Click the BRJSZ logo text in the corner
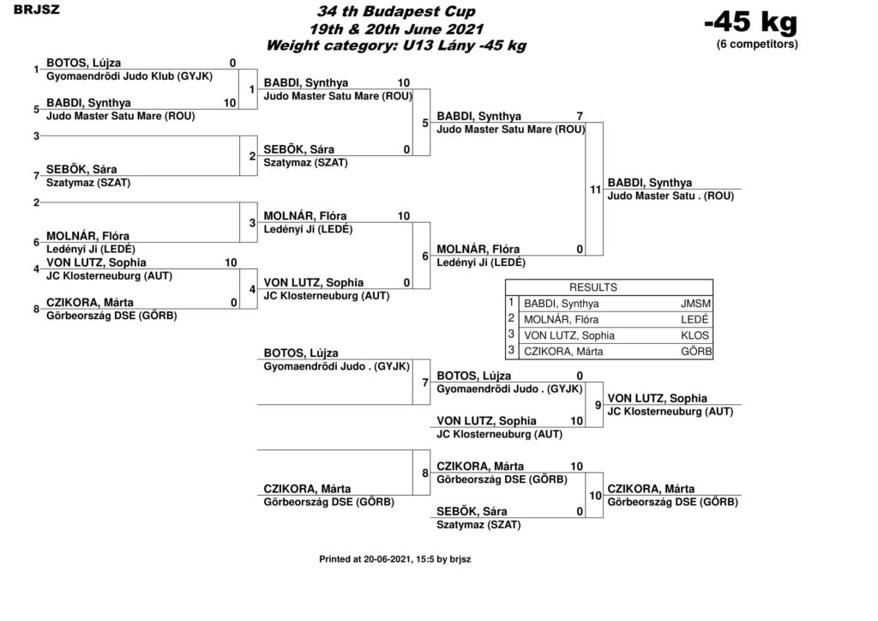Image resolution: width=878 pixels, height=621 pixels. (x=36, y=9)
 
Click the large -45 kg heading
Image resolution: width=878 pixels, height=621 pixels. (x=750, y=22)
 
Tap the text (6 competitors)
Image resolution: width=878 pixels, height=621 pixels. (x=757, y=45)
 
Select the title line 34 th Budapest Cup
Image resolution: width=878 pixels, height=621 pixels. (x=396, y=11)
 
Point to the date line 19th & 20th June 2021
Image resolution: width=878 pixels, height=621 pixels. (x=396, y=28)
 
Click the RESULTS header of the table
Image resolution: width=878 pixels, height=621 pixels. (x=593, y=287)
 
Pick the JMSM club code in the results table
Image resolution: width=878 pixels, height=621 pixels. (x=695, y=304)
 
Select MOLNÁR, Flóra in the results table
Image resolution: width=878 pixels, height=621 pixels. (x=561, y=320)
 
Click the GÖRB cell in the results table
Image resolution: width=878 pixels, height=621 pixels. (x=696, y=351)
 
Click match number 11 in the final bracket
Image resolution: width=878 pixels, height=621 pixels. (x=595, y=190)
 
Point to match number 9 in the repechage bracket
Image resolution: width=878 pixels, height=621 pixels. (x=598, y=405)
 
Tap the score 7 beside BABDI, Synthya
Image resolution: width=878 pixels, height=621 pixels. (x=580, y=116)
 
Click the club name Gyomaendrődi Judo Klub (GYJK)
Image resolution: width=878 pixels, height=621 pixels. (x=129, y=76)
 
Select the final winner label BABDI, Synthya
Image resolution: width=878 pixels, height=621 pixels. (x=650, y=183)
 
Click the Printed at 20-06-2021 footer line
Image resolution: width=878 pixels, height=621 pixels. (x=394, y=559)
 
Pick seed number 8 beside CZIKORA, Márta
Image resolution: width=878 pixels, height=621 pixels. (x=36, y=309)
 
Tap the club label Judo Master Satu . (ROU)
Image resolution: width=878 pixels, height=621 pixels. (x=671, y=196)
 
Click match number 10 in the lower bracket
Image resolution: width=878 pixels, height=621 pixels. (x=595, y=496)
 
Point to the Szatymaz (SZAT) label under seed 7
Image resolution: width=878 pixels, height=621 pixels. (x=88, y=183)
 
